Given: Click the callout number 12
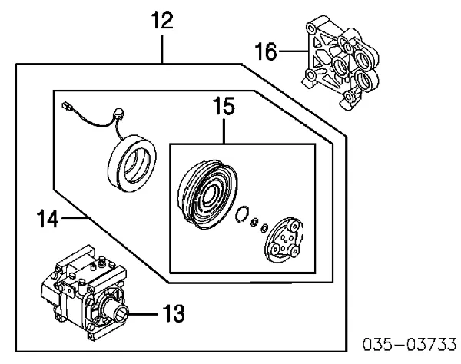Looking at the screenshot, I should pyautogui.click(x=163, y=22).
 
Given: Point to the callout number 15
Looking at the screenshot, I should pyautogui.click(x=224, y=107).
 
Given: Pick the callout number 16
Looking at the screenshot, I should pyautogui.click(x=264, y=51).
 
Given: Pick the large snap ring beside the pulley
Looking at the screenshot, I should pyautogui.click(x=244, y=216).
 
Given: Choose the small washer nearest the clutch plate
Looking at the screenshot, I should pyautogui.click(x=265, y=227).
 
